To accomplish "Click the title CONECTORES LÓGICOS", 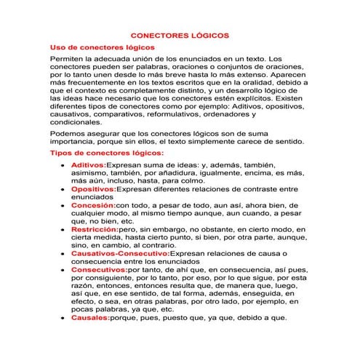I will click(180, 34).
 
